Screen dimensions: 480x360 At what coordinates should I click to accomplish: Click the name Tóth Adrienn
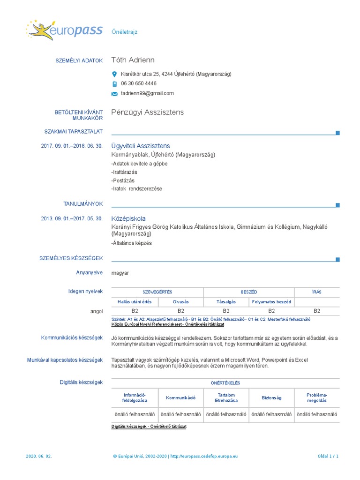(x=133, y=60)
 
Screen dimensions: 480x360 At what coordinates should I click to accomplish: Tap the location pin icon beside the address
(x=114, y=74)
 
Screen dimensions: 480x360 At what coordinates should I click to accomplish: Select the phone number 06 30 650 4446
(x=138, y=83)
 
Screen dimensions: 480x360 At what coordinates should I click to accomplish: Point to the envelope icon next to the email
(x=114, y=94)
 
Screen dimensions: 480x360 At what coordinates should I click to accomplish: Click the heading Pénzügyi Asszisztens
(x=148, y=112)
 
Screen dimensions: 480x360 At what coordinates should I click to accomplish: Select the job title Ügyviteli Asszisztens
(x=141, y=146)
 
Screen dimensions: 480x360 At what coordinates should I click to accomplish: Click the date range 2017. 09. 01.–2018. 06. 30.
(x=71, y=146)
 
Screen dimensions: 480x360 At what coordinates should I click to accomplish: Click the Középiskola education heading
(x=128, y=218)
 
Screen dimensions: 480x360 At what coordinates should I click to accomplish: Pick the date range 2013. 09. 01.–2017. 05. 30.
(x=71, y=218)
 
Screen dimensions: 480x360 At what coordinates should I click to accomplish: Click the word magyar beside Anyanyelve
(x=120, y=273)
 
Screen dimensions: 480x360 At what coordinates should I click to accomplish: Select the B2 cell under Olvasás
(x=180, y=311)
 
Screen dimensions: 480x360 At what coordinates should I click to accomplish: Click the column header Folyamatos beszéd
(x=271, y=302)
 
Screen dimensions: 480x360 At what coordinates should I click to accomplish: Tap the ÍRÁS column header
(x=316, y=292)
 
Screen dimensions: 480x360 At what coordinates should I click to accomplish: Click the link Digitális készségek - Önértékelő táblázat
(x=149, y=427)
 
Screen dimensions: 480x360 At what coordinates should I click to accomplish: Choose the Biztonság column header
(x=271, y=397)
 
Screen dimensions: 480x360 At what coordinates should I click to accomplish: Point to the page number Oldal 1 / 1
(x=328, y=456)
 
